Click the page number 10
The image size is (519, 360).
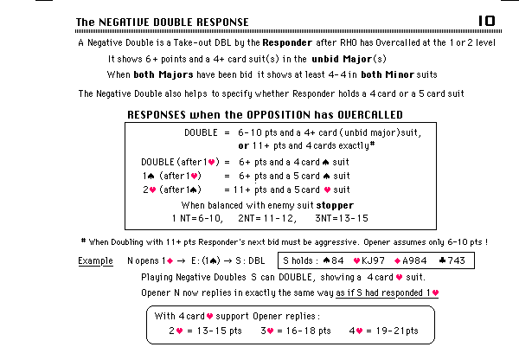pyautogui.click(x=486, y=20)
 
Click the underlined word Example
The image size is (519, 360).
pyautogui.click(x=95, y=260)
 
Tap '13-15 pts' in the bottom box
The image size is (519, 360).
pyautogui.click(x=215, y=330)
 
